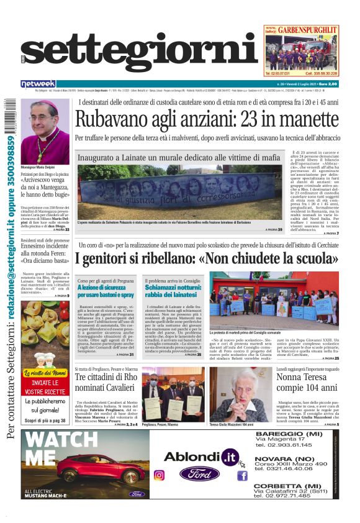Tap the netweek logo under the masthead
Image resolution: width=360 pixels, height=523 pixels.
[38, 84]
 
